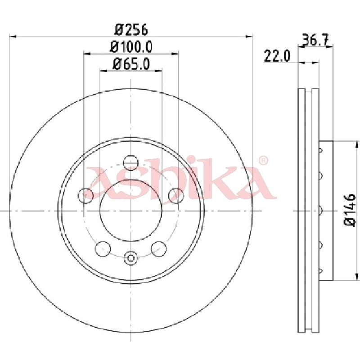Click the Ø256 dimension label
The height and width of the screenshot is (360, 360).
(131, 30)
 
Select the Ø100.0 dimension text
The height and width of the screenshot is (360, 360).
(131, 47)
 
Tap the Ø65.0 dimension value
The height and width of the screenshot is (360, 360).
(131, 64)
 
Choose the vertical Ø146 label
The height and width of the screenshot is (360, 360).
(350, 209)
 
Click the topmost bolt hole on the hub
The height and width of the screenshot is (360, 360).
(130, 163)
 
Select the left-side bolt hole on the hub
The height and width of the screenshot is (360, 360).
(86, 195)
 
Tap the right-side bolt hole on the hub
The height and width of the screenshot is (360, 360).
(176, 195)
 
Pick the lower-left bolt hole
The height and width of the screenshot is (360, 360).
(103, 249)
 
